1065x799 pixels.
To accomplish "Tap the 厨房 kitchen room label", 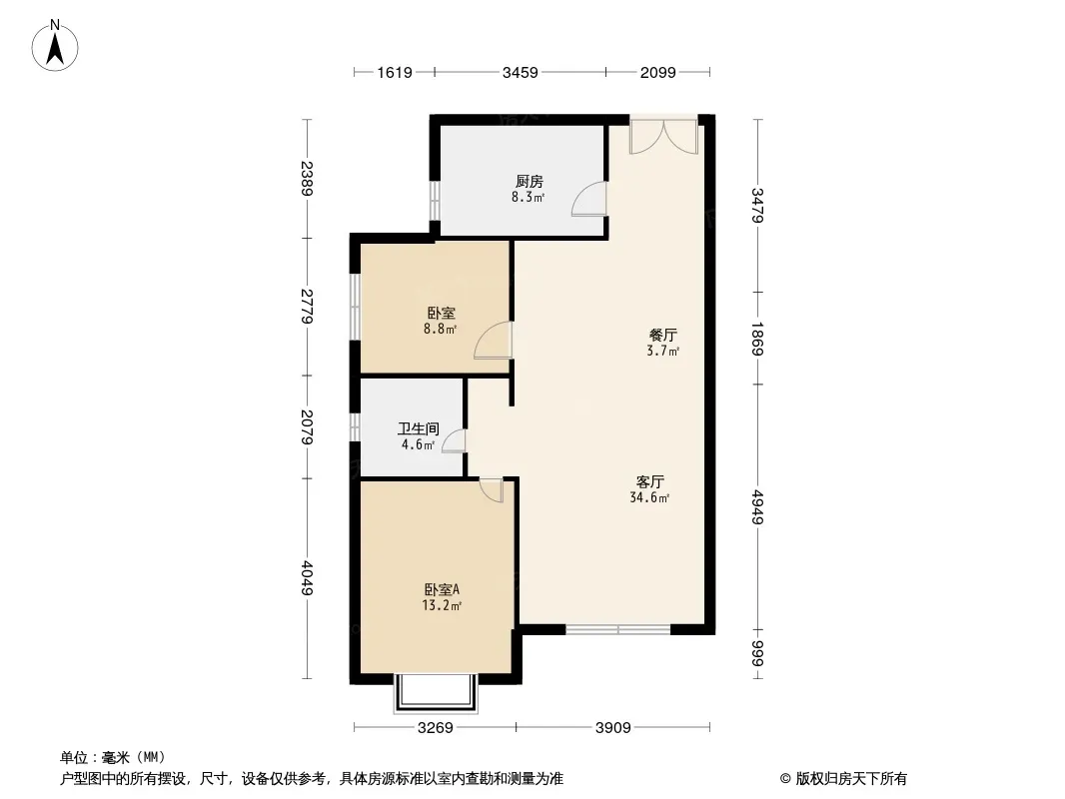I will tap(530, 182).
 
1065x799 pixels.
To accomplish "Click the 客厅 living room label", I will tap(651, 480).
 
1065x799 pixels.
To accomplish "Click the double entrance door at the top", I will tap(662, 136).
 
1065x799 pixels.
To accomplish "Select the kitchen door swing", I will tap(589, 200).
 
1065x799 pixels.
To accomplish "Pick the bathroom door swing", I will tap(454, 441).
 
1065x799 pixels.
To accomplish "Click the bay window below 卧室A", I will tap(436, 692).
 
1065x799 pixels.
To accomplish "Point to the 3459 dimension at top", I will tap(520, 72).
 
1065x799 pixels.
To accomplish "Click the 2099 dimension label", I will tap(657, 72).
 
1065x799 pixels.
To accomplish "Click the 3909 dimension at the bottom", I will tap(612, 728).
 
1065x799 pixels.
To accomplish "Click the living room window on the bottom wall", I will tap(617, 630).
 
